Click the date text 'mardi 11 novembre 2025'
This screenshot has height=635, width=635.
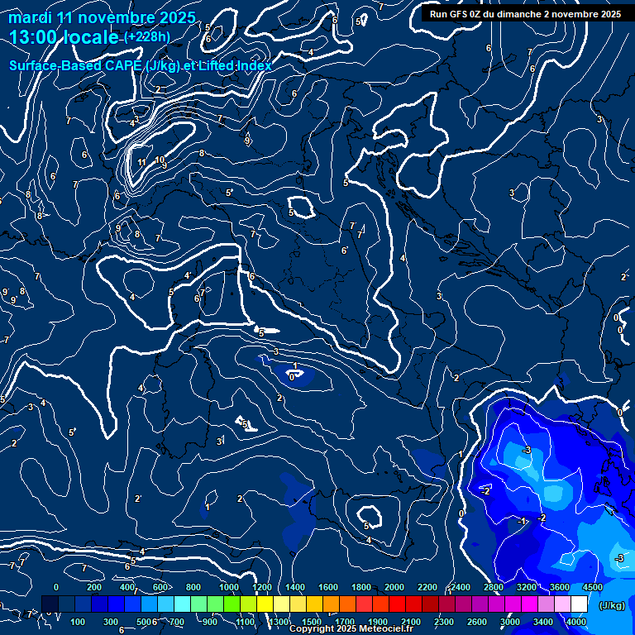click(102, 17)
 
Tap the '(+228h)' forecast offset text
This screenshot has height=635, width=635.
click(146, 36)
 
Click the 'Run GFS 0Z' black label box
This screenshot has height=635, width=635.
click(525, 13)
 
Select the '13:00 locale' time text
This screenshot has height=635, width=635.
click(64, 36)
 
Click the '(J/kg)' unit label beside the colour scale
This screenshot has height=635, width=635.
click(611, 605)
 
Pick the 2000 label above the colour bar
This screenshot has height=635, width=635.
click(395, 587)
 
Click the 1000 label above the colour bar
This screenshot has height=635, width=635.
click(229, 587)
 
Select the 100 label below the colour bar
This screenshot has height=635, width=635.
click(79, 622)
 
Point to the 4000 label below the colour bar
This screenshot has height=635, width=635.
click(575, 622)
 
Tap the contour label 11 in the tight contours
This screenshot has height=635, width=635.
click(142, 162)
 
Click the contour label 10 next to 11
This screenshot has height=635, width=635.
click(160, 160)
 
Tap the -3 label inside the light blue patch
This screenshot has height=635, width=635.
click(526, 450)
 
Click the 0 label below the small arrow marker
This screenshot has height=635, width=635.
click(292, 377)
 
